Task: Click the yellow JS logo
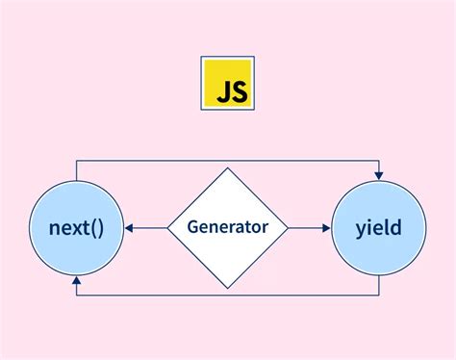[227, 85]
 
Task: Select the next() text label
[76, 228]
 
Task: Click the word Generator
[227, 228]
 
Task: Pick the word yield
[378, 228]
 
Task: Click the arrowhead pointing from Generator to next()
[130, 228]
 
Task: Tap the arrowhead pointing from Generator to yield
[325, 228]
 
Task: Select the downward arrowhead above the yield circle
[379, 174]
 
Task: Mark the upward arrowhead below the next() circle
[76, 282]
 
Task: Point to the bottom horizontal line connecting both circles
[227, 295]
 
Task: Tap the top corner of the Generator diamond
[227, 168]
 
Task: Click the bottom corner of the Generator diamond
[227, 288]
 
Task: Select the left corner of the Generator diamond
[167, 228]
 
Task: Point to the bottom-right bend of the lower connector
[379, 295]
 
